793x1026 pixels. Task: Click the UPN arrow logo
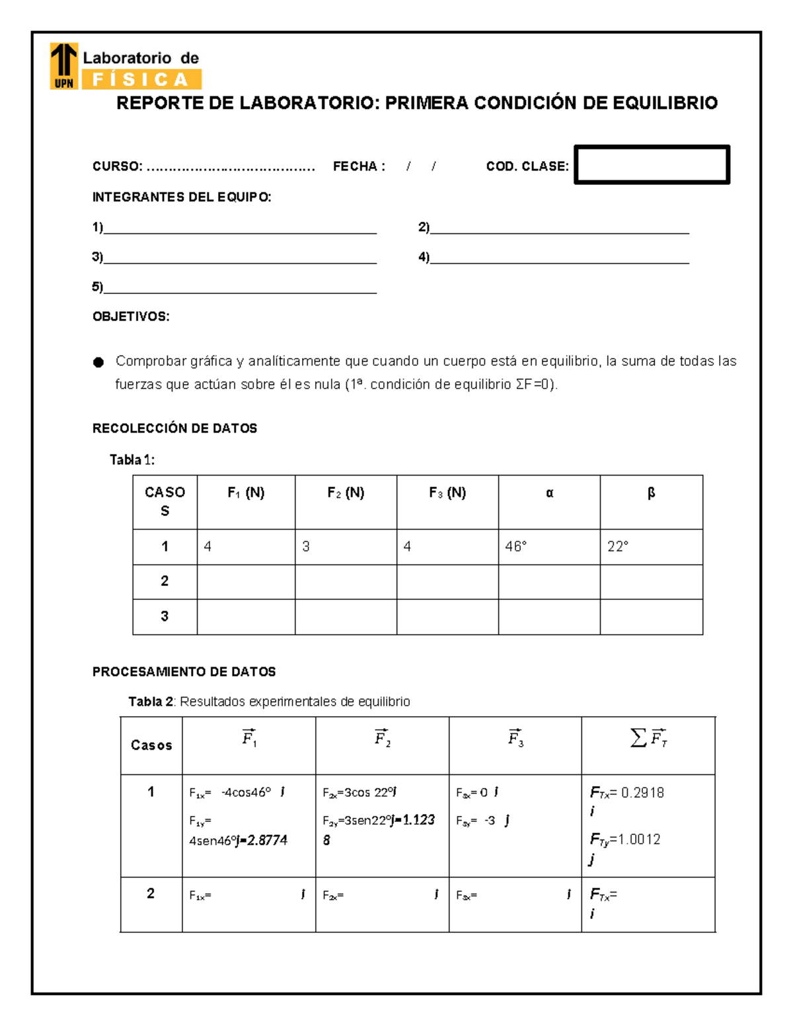pos(64,65)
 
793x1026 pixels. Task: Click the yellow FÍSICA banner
pos(141,80)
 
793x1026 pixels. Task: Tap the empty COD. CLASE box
pos(652,165)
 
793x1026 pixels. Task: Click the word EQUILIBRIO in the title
pos(665,103)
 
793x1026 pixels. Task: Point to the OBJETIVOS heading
pos(131,316)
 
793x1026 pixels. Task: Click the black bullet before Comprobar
pos(98,362)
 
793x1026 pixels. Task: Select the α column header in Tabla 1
pos(549,493)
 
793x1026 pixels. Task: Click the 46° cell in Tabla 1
pos(515,546)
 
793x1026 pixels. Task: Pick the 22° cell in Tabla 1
pos(618,546)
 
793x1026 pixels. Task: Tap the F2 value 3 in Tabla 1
pos(306,546)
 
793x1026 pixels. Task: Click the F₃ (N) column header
pos(447,493)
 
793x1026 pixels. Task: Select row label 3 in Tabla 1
pos(165,616)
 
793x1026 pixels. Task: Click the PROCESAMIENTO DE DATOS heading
pos(184,672)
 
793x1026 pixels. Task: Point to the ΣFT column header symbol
pos(648,738)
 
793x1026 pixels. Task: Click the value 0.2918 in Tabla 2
pos(642,793)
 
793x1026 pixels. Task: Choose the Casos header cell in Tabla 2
pos(151,745)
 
